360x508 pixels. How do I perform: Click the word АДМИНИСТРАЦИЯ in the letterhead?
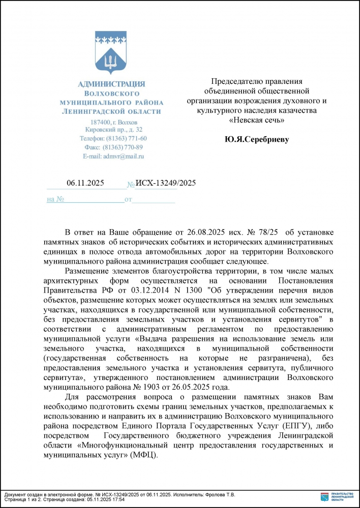[111, 84]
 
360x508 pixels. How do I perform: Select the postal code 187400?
[100, 122]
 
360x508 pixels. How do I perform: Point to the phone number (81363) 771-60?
[126, 139]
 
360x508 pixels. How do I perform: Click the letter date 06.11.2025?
[85, 184]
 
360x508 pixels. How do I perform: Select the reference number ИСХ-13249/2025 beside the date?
[166, 184]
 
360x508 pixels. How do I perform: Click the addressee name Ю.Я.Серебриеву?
[256, 139]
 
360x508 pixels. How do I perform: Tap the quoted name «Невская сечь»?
[256, 120]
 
